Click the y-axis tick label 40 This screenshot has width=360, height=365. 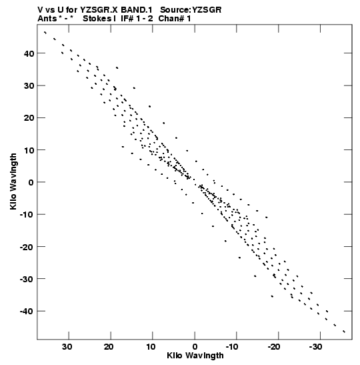29,53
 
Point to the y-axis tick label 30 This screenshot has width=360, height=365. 29,85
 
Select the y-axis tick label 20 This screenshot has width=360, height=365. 29,118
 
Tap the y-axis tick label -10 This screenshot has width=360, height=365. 27,214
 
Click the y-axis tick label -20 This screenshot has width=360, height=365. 27,246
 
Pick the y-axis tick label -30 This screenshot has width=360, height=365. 27,279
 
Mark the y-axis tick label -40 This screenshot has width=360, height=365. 27,311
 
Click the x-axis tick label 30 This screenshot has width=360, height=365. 67,347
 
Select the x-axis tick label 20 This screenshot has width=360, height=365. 109,347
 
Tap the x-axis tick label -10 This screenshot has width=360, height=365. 232,347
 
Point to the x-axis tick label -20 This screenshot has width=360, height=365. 274,347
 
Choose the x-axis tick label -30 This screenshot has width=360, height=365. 316,347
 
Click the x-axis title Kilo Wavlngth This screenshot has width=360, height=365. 195,356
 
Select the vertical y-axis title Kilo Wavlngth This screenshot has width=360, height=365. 13,181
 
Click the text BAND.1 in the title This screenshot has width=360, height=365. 137,10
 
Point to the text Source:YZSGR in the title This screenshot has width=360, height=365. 191,10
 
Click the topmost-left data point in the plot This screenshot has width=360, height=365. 45,33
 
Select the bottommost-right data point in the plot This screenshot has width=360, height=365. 344,332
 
